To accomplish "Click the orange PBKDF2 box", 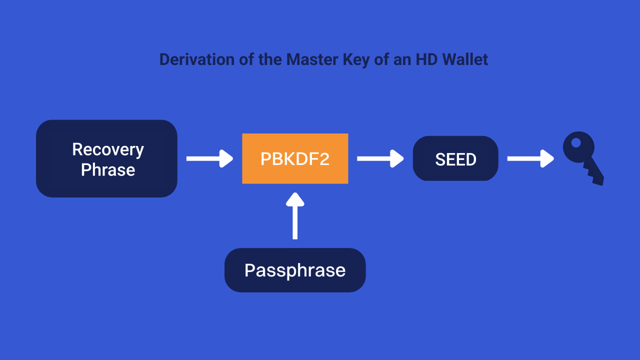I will pos(295,158).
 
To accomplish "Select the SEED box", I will pos(455,158).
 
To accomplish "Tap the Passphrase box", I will pos(295,270).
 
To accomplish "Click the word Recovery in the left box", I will pos(108,149).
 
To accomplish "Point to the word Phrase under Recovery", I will pos(108,170).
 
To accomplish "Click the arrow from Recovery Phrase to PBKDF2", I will pos(209,158).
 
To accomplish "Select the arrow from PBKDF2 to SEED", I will pos(380,158).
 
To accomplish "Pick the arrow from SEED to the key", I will pos(530,158).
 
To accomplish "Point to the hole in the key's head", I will pos(576,143).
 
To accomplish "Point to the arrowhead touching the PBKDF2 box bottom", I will pos(295,199).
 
